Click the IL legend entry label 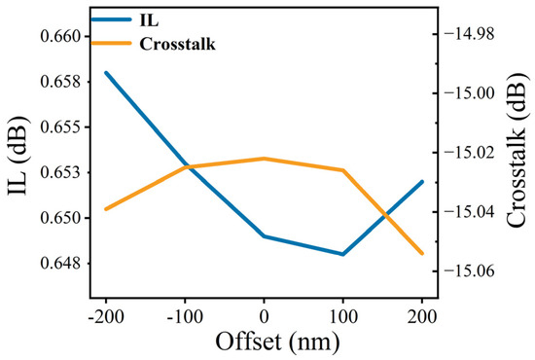click(149, 20)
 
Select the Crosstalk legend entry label click(177, 44)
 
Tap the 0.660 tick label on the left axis click(60, 36)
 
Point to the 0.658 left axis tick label click(60, 82)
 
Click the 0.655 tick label click(60, 126)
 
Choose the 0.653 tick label click(60, 172)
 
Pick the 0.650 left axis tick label click(60, 218)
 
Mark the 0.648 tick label click(60, 263)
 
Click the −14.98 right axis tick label click(469, 34)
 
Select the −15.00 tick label click(469, 93)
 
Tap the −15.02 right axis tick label click(469, 153)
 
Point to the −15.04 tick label click(469, 212)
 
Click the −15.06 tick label click(469, 271)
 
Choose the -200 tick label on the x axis click(106, 316)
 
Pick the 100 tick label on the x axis click(343, 316)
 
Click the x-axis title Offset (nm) click(277, 342)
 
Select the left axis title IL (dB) click(18, 156)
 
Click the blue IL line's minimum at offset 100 click(342, 254)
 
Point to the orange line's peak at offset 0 click(264, 159)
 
